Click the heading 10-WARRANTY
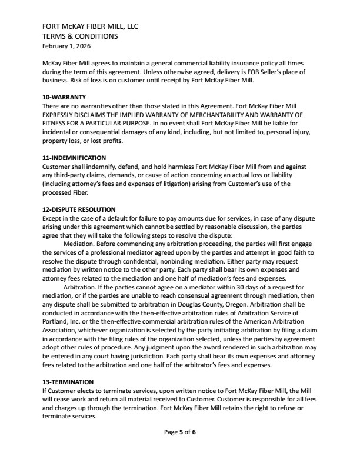click(65, 96)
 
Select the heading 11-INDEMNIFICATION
click(74, 158)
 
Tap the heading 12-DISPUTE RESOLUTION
click(79, 209)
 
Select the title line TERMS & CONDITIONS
click(81, 36)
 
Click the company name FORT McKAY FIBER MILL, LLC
click(90, 27)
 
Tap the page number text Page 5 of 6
click(179, 432)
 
